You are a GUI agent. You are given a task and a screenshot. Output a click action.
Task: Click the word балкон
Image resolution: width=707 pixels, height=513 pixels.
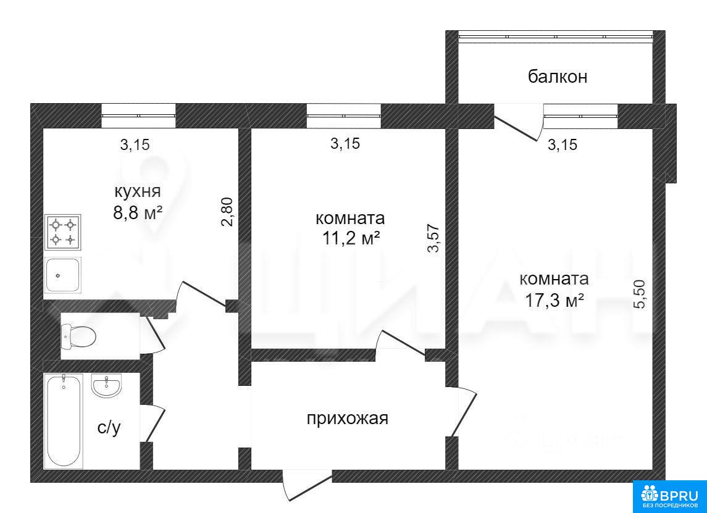tap(558, 77)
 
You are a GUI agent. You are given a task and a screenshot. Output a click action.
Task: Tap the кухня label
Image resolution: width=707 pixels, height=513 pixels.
tap(138, 191)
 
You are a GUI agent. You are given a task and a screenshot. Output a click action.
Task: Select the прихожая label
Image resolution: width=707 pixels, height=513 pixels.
tap(347, 419)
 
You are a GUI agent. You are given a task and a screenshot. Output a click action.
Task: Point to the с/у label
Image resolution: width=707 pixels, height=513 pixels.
tap(109, 427)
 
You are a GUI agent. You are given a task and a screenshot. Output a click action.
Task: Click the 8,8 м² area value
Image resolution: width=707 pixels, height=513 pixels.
tap(138, 212)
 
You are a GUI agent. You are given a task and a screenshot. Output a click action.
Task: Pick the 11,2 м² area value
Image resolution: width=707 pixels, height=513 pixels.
tap(350, 238)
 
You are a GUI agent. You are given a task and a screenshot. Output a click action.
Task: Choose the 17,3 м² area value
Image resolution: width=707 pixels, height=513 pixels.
tap(554, 300)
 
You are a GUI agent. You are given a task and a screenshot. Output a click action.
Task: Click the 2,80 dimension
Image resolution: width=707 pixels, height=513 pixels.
tap(228, 212)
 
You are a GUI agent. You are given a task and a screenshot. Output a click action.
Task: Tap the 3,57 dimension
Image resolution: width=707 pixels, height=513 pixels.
tap(433, 240)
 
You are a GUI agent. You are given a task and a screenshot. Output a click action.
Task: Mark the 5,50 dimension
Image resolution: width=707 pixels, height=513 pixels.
tap(640, 294)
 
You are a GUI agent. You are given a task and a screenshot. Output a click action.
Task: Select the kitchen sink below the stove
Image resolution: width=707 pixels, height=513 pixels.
tap(63, 275)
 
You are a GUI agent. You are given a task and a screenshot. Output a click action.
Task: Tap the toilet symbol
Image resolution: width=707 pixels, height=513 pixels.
tap(78, 336)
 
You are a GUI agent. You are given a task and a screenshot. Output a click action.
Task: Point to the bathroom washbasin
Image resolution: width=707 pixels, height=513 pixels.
tap(106, 386)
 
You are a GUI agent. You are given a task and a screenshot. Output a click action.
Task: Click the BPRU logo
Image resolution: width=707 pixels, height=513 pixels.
tap(669, 497)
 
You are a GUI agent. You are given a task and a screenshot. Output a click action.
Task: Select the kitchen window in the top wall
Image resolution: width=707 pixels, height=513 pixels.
tap(138, 116)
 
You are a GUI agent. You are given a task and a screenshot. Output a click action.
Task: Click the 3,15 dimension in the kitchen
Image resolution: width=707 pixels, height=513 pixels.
tap(135, 145)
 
